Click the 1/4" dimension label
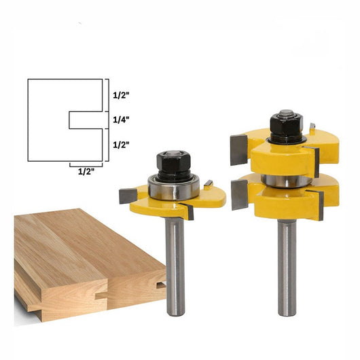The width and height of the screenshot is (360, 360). click(121, 120)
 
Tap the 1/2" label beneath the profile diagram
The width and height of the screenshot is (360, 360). click(86, 171)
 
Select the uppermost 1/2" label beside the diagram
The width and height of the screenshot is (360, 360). click(121, 95)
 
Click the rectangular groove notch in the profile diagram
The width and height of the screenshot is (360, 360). click(86, 120)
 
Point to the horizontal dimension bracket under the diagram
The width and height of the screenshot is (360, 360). click(86, 166)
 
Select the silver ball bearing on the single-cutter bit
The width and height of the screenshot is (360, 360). click(174, 187)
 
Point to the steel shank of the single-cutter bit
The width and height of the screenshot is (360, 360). click(175, 267)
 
